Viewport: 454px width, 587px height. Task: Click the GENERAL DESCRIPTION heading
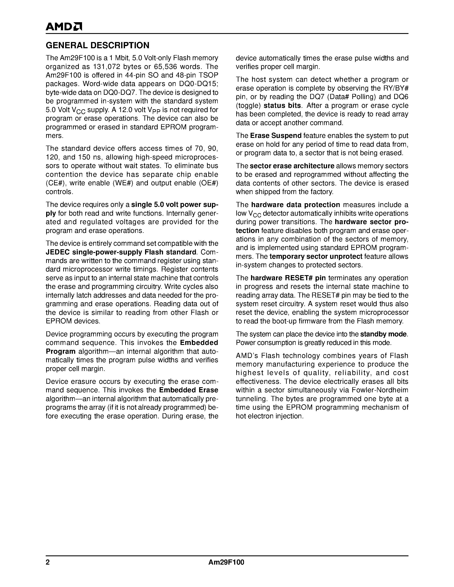[97, 45]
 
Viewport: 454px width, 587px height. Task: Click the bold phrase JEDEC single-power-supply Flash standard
[121, 252]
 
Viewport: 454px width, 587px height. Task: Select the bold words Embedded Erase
[188, 390]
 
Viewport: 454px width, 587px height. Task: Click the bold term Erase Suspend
[276, 136]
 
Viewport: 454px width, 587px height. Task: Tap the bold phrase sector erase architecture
[292, 166]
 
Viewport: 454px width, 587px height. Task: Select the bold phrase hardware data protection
[296, 205]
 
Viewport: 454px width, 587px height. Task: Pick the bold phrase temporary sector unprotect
[316, 256]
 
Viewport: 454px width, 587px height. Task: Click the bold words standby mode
[383, 334]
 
